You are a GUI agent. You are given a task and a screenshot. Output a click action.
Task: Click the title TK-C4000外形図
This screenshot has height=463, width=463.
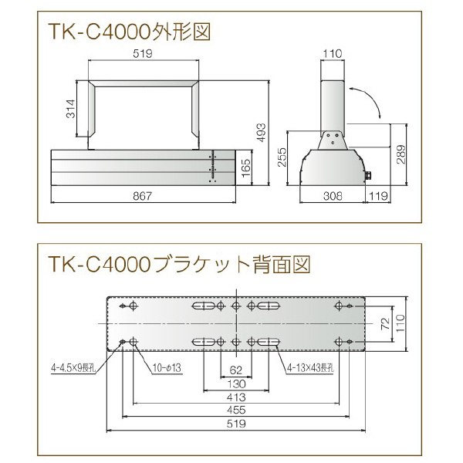click(x=130, y=32)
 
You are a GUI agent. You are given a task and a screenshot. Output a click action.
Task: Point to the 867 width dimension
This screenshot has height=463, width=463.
click(x=142, y=197)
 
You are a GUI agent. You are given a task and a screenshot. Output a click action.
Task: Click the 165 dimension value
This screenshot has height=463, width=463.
click(x=245, y=167)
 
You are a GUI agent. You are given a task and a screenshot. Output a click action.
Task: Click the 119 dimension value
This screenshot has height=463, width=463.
click(x=378, y=197)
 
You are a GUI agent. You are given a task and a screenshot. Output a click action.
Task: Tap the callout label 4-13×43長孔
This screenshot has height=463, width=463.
click(x=310, y=367)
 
